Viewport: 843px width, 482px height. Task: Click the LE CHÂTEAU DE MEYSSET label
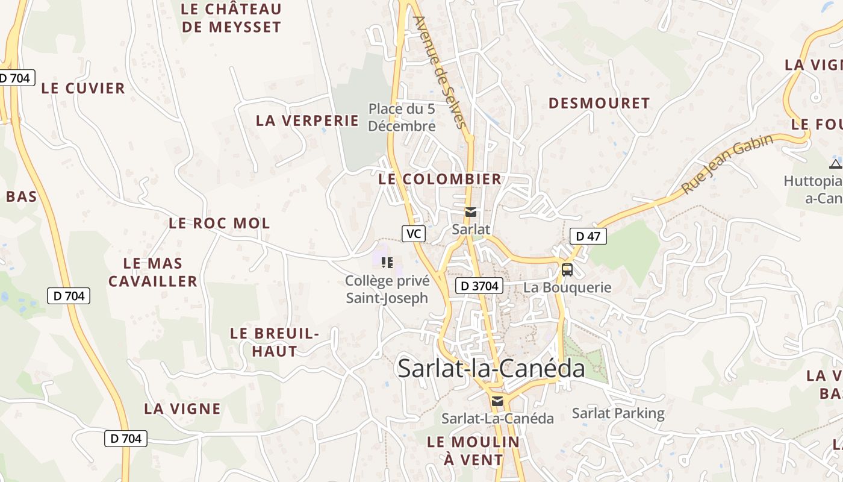pyautogui.click(x=231, y=18)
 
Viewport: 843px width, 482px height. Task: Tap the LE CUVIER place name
pyautogui.click(x=83, y=88)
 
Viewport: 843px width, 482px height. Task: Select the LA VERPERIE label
pyautogui.click(x=307, y=120)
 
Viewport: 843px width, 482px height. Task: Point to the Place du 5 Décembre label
pyautogui.click(x=402, y=117)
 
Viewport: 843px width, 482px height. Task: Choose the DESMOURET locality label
pyautogui.click(x=599, y=104)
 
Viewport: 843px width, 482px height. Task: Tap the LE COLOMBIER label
pyautogui.click(x=440, y=179)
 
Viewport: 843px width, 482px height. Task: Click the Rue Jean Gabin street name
pyautogui.click(x=727, y=164)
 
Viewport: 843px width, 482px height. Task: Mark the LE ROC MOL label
pyautogui.click(x=219, y=224)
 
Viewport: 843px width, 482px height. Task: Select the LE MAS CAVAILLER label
pyautogui.click(x=153, y=272)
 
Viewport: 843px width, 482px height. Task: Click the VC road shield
pyautogui.click(x=414, y=234)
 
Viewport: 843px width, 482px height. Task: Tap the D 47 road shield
pyautogui.click(x=588, y=236)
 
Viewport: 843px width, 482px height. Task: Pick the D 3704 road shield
pyautogui.click(x=479, y=286)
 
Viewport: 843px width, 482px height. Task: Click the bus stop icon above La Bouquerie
pyautogui.click(x=567, y=269)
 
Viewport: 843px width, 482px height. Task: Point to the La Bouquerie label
pyautogui.click(x=567, y=287)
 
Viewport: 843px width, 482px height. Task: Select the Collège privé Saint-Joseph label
pyautogui.click(x=387, y=289)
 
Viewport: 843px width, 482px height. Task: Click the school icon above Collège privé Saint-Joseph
pyautogui.click(x=387, y=263)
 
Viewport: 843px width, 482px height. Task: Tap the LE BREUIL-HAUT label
pyautogui.click(x=275, y=342)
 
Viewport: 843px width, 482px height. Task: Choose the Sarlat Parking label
pyautogui.click(x=618, y=413)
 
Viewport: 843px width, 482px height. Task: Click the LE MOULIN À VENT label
pyautogui.click(x=473, y=451)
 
